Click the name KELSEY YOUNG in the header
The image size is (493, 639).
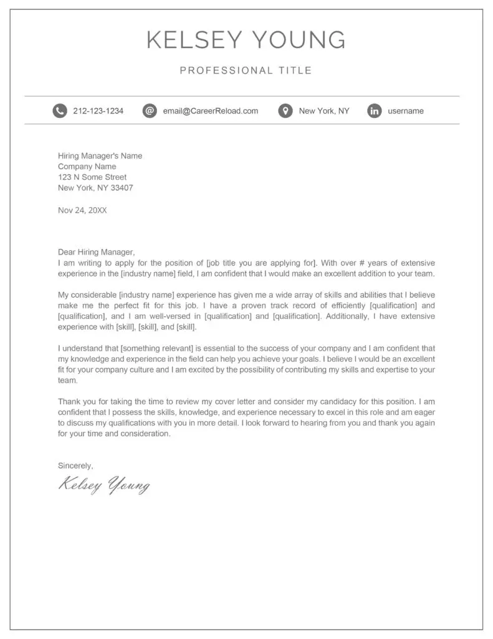(246, 40)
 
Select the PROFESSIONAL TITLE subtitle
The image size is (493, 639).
(246, 71)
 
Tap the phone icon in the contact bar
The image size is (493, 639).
(59, 111)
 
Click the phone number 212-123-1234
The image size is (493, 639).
(98, 111)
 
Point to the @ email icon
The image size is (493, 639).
(149, 111)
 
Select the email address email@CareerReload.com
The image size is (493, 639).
(210, 111)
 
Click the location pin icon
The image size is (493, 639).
(285, 111)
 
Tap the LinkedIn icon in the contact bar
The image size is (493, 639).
(374, 111)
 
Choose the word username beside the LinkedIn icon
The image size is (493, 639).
(405, 111)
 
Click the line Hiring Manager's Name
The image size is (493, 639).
(100, 156)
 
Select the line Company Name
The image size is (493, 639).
(87, 167)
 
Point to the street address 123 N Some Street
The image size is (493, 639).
(92, 177)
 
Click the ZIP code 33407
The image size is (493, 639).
(122, 188)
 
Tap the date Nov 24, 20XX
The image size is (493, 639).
(82, 210)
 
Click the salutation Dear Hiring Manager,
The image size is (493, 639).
(96, 252)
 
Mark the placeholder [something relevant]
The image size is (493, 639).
(152, 348)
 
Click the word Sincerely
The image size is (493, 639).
(75, 465)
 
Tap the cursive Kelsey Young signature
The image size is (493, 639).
(104, 484)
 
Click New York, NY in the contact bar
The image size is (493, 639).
(324, 111)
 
